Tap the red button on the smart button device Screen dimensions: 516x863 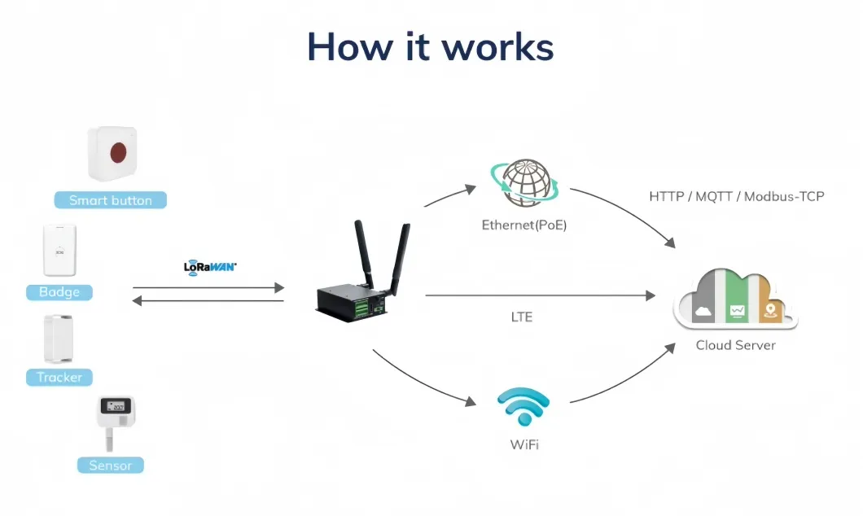(118, 151)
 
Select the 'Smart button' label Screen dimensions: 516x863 (111, 200)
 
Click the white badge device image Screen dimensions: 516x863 (59, 251)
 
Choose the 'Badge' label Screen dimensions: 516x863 (59, 292)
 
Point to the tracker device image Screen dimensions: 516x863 (59, 339)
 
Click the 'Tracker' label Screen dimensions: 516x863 (59, 378)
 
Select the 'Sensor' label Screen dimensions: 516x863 (111, 466)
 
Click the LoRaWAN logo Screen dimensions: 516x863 (210, 266)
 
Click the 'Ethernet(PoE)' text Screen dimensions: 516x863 (523, 225)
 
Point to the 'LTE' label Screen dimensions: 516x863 (522, 317)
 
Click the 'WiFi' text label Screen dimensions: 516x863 (523, 445)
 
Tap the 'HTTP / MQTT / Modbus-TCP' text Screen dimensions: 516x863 (737, 197)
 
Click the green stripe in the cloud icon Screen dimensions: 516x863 (738, 300)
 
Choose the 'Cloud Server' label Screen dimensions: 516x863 (735, 345)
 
